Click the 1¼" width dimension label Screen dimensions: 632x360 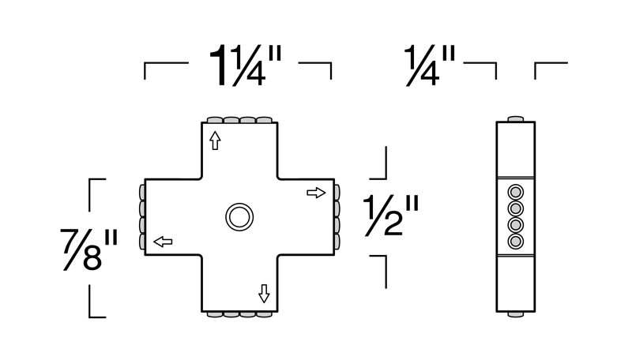[x=245, y=66]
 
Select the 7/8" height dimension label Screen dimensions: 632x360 [x=88, y=249]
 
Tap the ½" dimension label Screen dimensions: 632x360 [x=391, y=216]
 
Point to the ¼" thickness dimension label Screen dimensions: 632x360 [x=430, y=66]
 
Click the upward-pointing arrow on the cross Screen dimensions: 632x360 [x=215, y=141]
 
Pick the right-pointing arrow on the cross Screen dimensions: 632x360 [x=316, y=193]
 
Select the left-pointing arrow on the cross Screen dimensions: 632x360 [x=164, y=242]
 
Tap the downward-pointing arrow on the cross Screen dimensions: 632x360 [x=264, y=294]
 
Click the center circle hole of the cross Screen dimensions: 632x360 [x=239, y=217]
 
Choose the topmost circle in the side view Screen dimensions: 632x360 [x=516, y=193]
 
